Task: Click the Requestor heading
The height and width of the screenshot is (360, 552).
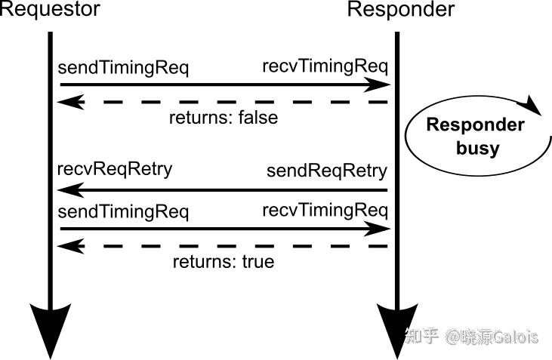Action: pyautogui.click(x=49, y=10)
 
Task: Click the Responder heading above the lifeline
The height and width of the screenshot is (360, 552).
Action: pyautogui.click(x=401, y=10)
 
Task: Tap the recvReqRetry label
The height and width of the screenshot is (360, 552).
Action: pyautogui.click(x=114, y=168)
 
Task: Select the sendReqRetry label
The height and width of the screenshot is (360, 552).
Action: pyautogui.click(x=326, y=171)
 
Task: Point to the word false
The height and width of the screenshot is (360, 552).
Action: pyautogui.click(x=257, y=118)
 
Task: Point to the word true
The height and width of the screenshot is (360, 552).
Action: pyautogui.click(x=256, y=263)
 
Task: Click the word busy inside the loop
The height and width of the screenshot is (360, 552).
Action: pyautogui.click(x=477, y=148)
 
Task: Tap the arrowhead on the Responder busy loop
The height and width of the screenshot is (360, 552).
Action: pyautogui.click(x=535, y=106)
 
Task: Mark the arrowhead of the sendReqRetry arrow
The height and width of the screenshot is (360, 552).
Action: pyautogui.click(x=69, y=190)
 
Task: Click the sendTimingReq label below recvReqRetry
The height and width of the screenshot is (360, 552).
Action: pyautogui.click(x=123, y=212)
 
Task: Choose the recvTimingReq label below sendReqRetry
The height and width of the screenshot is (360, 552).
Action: pyautogui.click(x=325, y=211)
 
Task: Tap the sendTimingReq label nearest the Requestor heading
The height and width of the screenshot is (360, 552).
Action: pyautogui.click(x=123, y=68)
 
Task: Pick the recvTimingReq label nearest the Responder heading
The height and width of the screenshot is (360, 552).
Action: pyautogui.click(x=325, y=66)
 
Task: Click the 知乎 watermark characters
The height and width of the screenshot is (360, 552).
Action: pyautogui.click(x=421, y=336)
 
